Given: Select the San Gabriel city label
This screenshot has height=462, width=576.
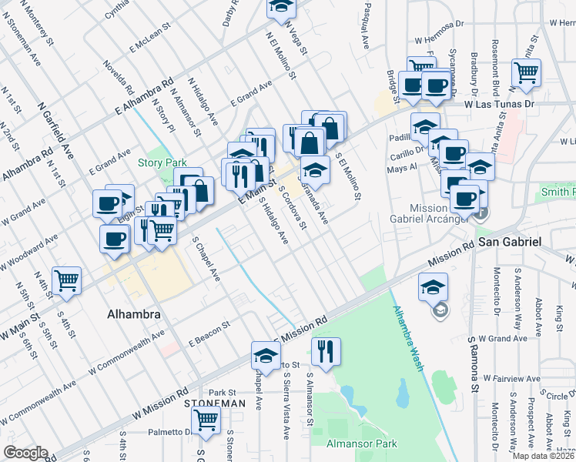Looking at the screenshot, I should tap(511, 242).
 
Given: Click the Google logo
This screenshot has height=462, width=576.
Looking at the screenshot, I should tap(25, 453).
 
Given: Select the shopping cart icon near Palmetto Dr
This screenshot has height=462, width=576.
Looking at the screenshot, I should tap(206, 420).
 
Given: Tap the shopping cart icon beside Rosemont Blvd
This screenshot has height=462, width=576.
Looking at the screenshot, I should tap(527, 72).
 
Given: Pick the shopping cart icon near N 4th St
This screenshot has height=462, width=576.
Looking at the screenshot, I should tap(67, 280).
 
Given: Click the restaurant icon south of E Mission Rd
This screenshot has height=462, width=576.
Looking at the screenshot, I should tap(326, 350).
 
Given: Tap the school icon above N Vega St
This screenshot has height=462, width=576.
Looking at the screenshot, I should tap(282, 7).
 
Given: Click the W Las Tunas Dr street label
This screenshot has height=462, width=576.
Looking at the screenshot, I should tap(498, 104).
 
